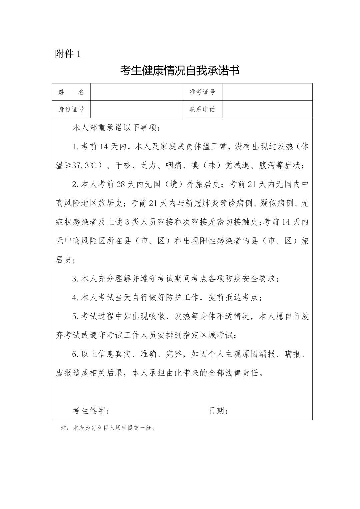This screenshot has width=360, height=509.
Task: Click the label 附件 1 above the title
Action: click(68, 54)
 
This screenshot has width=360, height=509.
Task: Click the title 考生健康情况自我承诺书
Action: click(180, 71)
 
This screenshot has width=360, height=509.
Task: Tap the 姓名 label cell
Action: click(71, 92)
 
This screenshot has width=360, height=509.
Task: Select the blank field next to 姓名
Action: click(136, 92)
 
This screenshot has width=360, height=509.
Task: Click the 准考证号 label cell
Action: click(202, 92)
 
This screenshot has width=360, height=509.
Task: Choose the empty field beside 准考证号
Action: click(267, 92)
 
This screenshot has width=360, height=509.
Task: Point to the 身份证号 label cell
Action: click(71, 109)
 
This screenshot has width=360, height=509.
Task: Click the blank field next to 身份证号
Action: click(136, 109)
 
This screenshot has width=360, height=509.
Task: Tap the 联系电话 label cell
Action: click(202, 109)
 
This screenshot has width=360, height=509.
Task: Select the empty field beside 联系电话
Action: click(267, 109)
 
